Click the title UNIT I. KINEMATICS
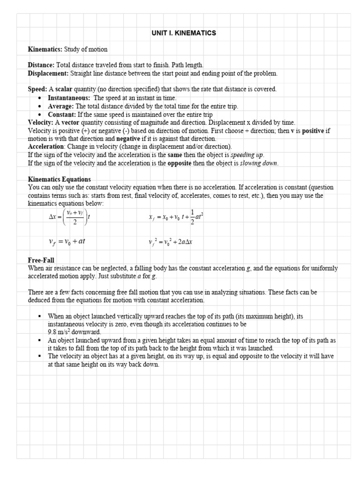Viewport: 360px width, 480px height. [183, 33]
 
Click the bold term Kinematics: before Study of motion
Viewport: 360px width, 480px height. [45, 49]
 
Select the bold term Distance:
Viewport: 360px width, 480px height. [41, 65]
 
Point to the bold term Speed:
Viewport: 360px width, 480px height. [37, 89]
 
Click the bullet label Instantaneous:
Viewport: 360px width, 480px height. [69, 97]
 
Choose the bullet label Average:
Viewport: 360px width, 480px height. [61, 106]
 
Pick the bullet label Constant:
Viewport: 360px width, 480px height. [62, 114]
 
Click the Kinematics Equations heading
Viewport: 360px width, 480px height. [60, 180]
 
